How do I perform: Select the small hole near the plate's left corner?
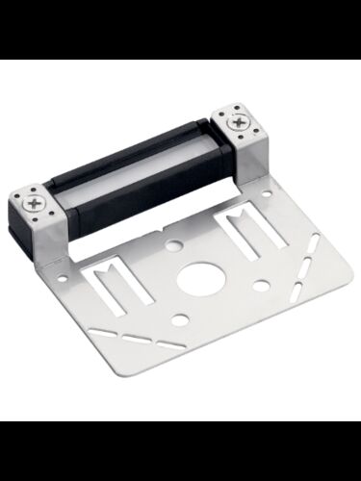pos(64,283)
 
